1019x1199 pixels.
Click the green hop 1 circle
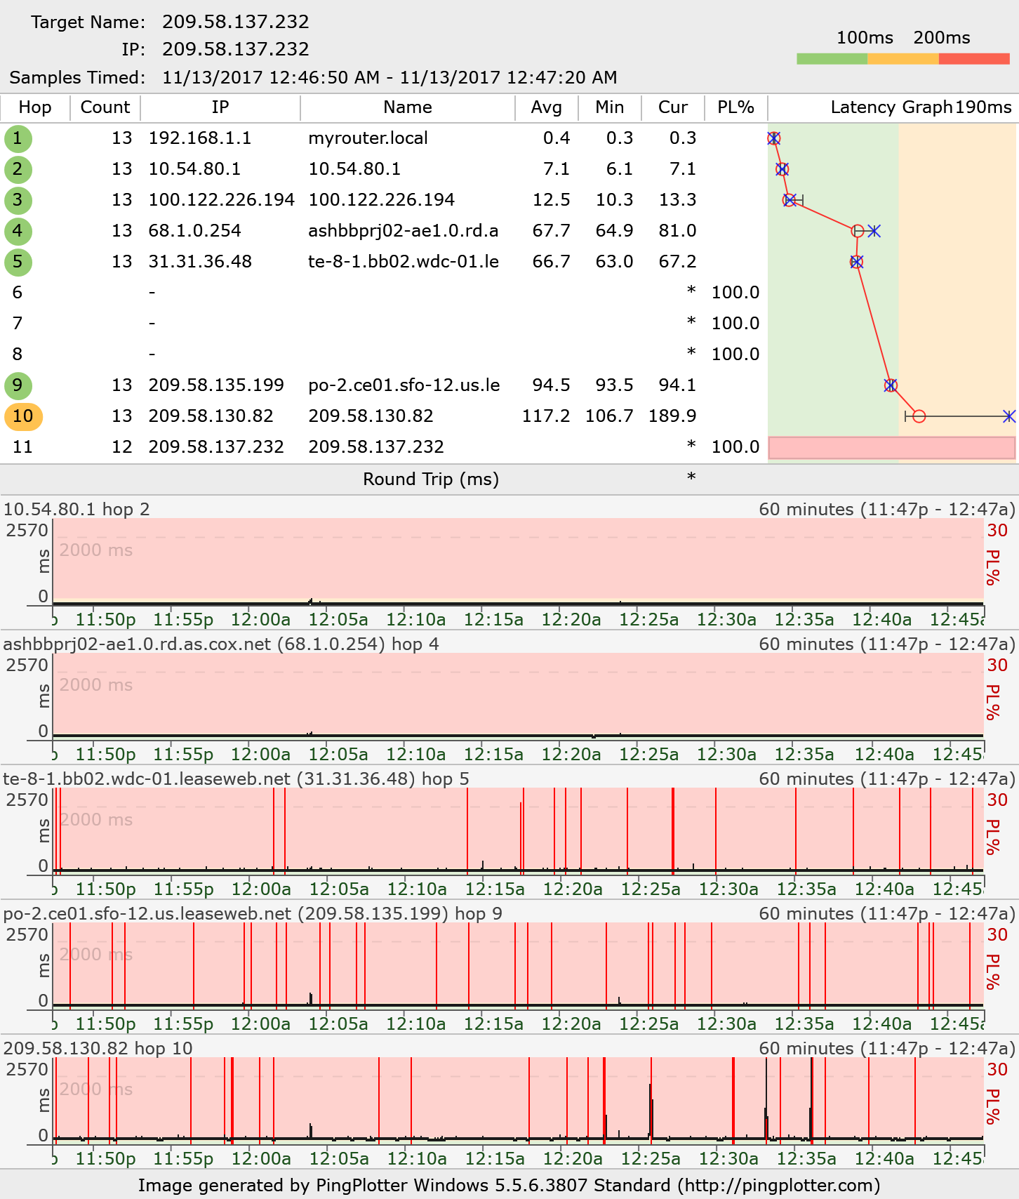[18, 138]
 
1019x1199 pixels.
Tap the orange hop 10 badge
[23, 416]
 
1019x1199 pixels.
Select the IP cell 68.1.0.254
[194, 231]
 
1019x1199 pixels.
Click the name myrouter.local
[368, 138]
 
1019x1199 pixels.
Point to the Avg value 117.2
[546, 416]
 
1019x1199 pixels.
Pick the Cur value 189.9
[672, 416]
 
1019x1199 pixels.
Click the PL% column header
[735, 107]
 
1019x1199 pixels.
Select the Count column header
[105, 107]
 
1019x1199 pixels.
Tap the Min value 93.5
[609, 385]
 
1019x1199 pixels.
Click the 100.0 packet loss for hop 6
[735, 293]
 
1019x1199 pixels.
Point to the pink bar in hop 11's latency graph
[891, 448]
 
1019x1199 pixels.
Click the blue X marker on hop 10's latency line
[1009, 416]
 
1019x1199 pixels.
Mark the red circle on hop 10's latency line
[919, 416]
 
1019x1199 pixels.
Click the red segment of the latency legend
[974, 59]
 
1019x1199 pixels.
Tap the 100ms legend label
[865, 38]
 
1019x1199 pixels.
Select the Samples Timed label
[77, 78]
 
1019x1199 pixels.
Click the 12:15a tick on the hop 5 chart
[495, 889]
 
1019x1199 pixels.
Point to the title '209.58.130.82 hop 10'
[98, 1048]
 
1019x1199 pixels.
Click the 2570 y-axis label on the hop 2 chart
[27, 530]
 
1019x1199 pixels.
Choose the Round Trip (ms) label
[431, 479]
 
